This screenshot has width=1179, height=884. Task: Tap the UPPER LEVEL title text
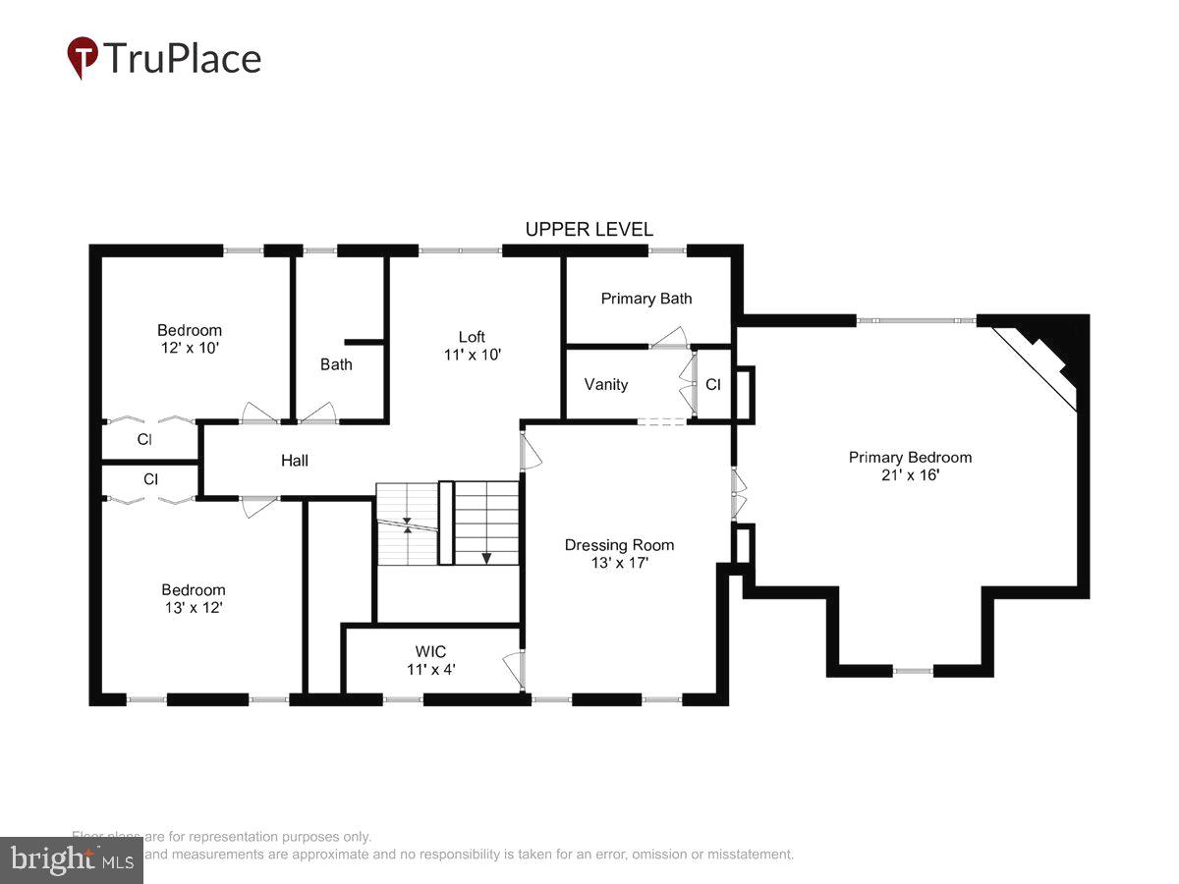589,230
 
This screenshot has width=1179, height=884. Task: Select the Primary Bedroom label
910,457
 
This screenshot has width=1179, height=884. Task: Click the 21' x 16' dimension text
910,475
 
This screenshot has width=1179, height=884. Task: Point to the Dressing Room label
619,545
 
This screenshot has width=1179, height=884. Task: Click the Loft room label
472,337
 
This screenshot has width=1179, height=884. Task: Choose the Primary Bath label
646,299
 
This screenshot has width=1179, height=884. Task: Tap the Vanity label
606,384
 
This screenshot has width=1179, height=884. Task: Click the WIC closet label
430,651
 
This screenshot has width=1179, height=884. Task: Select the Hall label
295,460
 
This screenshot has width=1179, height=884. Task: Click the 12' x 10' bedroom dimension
190,348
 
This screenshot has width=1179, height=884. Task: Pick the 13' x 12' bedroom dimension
193,608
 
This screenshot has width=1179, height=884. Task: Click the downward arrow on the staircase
486,556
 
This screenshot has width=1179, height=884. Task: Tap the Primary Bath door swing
670,338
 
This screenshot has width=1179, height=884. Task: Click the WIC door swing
513,671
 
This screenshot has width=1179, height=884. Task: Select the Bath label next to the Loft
336,364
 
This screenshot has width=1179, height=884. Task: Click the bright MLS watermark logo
71,860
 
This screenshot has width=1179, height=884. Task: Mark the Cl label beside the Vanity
713,385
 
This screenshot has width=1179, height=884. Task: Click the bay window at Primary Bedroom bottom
913,671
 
